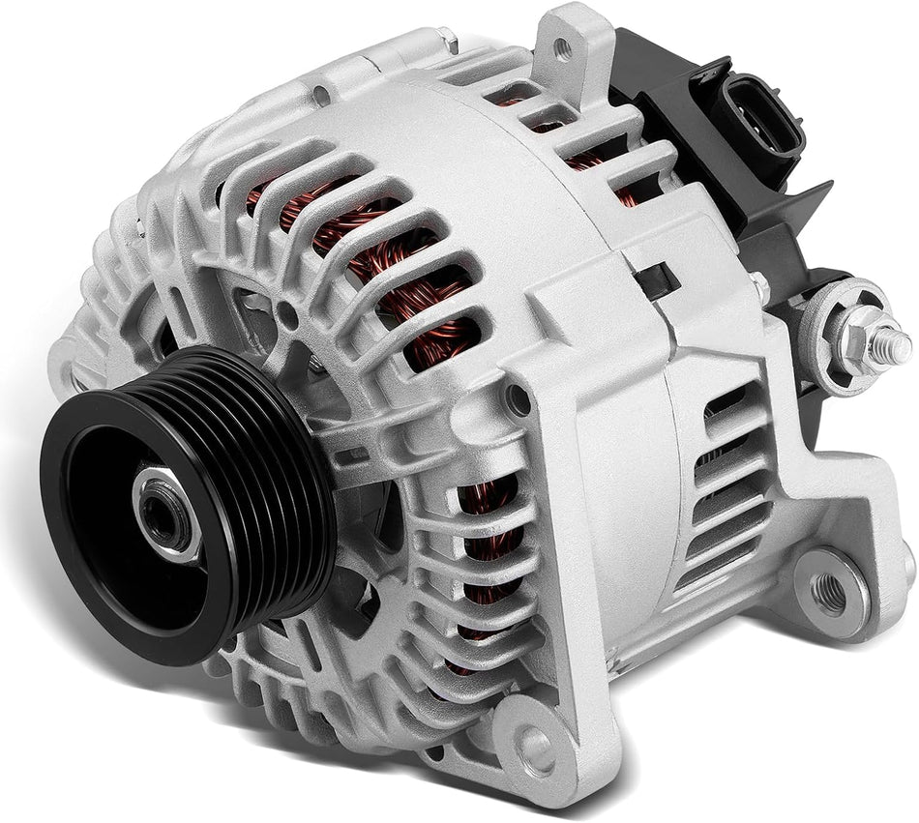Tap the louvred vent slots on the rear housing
point(726,484)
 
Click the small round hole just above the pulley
point(288,311)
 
